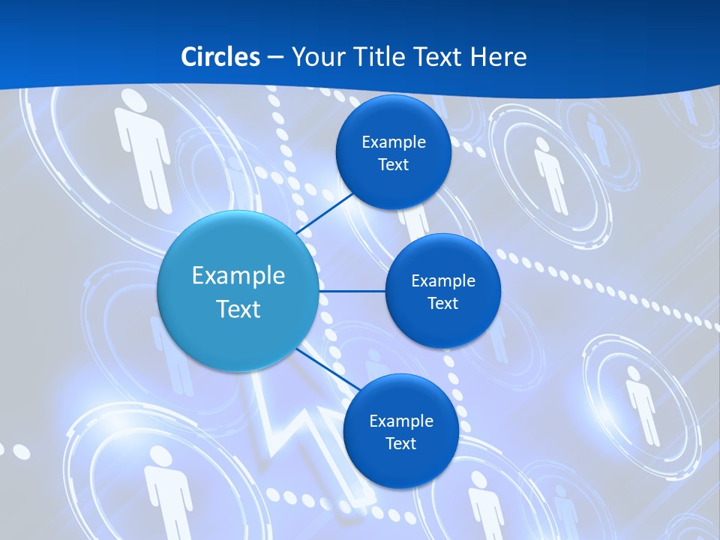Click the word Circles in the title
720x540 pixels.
tap(220, 57)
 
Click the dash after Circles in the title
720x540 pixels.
tap(275, 58)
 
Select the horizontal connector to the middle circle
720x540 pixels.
tap(352, 291)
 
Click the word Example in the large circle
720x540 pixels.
tap(238, 276)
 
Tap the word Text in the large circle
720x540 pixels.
tap(238, 309)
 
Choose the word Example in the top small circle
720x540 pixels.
tap(393, 142)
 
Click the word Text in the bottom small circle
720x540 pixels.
tap(400, 443)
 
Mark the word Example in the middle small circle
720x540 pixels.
tap(442, 280)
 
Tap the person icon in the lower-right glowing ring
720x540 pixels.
tap(642, 405)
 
